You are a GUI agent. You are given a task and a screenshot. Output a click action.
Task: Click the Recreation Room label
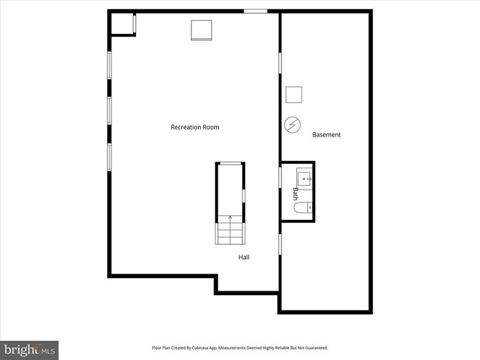click(195, 127)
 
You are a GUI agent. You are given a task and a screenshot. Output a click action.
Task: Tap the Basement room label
click(326, 134)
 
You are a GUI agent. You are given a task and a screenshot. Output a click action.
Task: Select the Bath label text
click(295, 193)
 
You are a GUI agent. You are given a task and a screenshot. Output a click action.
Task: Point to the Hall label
click(244, 257)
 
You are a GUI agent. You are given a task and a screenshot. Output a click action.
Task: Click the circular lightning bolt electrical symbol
click(292, 125)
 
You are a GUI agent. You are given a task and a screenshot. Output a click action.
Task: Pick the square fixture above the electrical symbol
click(294, 95)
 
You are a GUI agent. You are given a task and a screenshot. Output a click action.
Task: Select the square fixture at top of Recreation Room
click(202, 30)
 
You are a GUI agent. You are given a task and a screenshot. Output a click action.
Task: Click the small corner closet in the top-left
click(121, 23)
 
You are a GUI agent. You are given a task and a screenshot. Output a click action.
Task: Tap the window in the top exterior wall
click(256, 10)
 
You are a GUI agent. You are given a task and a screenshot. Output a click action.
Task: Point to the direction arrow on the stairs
click(230, 218)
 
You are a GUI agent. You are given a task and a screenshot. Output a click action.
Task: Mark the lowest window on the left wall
click(109, 156)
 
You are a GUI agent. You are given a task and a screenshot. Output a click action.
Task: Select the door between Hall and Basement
click(280, 243)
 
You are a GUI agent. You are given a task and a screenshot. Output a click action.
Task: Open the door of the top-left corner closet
click(134, 23)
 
